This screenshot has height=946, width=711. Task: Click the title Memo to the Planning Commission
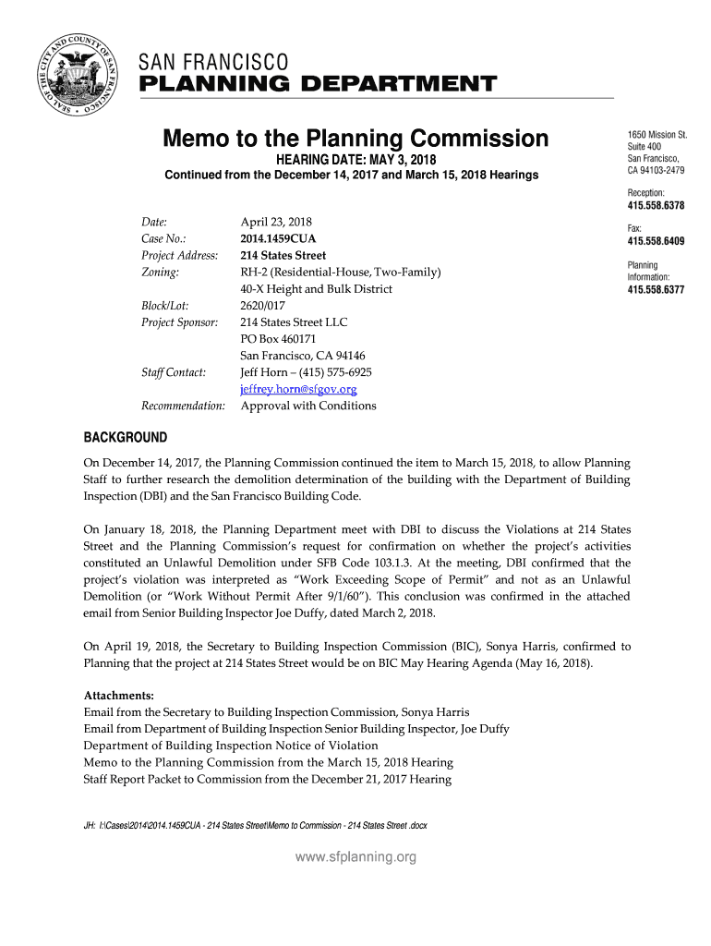pos(355,139)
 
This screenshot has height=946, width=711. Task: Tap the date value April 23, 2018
pos(276,222)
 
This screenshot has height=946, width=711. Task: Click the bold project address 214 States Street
pos(283,255)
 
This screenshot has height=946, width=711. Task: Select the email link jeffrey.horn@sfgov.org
pos(298,389)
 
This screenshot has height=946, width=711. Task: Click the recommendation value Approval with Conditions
pos(308,406)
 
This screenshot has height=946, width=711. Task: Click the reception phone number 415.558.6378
pos(656,205)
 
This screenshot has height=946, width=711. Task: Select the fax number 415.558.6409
pos(656,241)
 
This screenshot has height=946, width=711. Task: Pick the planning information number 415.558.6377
pos(656,289)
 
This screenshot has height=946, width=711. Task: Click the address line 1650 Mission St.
pos(657,135)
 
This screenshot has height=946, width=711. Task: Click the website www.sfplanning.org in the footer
pos(355,857)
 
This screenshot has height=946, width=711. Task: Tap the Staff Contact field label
pos(174,372)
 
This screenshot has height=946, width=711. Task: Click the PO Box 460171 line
pos(279,339)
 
